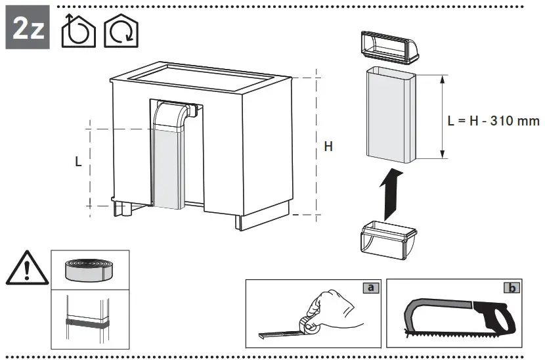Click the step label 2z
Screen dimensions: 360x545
(x=27, y=30)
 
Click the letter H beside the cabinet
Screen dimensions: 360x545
(x=328, y=146)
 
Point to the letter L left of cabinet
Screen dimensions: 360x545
(x=78, y=161)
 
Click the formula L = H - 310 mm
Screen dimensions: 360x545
(x=493, y=121)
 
